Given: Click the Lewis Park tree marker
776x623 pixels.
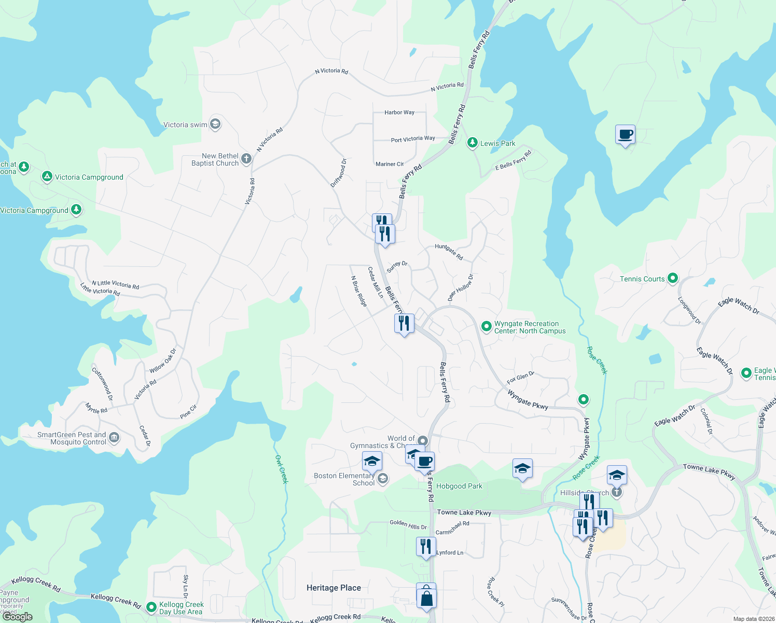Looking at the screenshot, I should click(472, 143).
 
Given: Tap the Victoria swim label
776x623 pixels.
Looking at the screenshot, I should click(185, 125).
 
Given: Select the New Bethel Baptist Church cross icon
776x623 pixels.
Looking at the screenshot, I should click(246, 158).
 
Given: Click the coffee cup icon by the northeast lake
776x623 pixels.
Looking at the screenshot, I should click(625, 134).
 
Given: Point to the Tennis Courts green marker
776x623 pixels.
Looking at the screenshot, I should click(672, 278).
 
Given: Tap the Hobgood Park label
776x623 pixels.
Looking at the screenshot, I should click(459, 486).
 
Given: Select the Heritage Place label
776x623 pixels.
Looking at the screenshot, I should click(334, 588).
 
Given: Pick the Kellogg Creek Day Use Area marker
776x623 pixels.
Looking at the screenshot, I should click(151, 606).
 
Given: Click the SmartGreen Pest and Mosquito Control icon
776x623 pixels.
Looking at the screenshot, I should click(114, 438).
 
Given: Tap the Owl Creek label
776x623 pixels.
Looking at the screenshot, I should click(281, 469).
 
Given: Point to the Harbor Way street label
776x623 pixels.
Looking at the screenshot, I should click(399, 112).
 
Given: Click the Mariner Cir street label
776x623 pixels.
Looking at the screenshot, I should click(390, 164).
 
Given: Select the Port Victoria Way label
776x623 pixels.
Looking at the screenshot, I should click(413, 139).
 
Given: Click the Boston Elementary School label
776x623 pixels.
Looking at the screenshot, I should click(344, 479).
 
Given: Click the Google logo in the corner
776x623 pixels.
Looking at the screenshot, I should click(18, 616).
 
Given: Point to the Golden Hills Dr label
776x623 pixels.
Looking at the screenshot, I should click(408, 525).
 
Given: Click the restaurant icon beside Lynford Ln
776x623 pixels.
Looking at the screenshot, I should click(425, 547).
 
